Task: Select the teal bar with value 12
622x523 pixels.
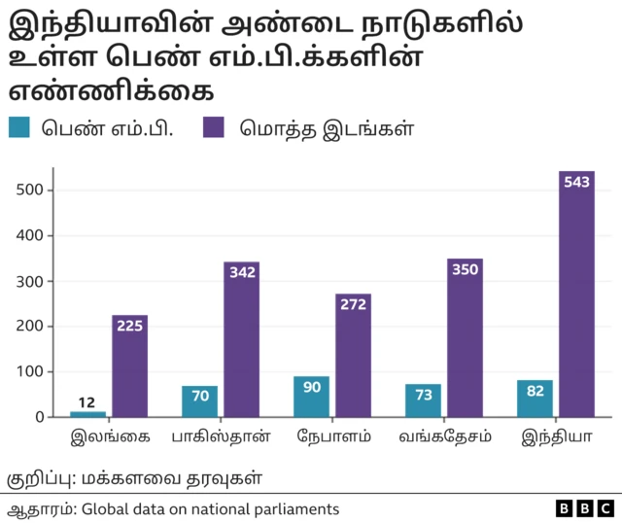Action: (x=88, y=413)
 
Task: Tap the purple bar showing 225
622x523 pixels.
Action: (x=129, y=366)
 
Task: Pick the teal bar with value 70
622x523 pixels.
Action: (x=200, y=401)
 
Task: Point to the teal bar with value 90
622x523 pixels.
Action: (x=311, y=397)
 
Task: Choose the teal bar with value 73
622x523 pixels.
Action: (x=423, y=400)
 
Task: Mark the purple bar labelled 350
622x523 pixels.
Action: (x=465, y=337)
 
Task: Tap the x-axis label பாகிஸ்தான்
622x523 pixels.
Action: (x=222, y=436)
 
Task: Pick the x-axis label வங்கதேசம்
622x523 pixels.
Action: (x=444, y=436)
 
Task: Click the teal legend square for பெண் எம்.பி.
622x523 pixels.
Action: (x=21, y=128)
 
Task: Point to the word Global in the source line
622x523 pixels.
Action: (x=105, y=508)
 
